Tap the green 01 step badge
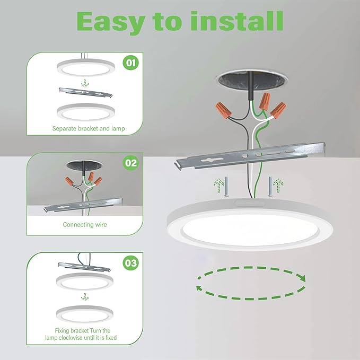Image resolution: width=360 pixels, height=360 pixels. (130, 64)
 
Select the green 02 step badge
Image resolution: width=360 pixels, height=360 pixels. (130, 163)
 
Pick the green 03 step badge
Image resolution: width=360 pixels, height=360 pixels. (130, 262)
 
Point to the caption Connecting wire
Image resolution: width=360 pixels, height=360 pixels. (85, 225)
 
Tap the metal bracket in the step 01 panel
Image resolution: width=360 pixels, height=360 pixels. (85, 92)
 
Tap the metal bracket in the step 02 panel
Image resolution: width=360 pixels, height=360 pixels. (85, 205)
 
